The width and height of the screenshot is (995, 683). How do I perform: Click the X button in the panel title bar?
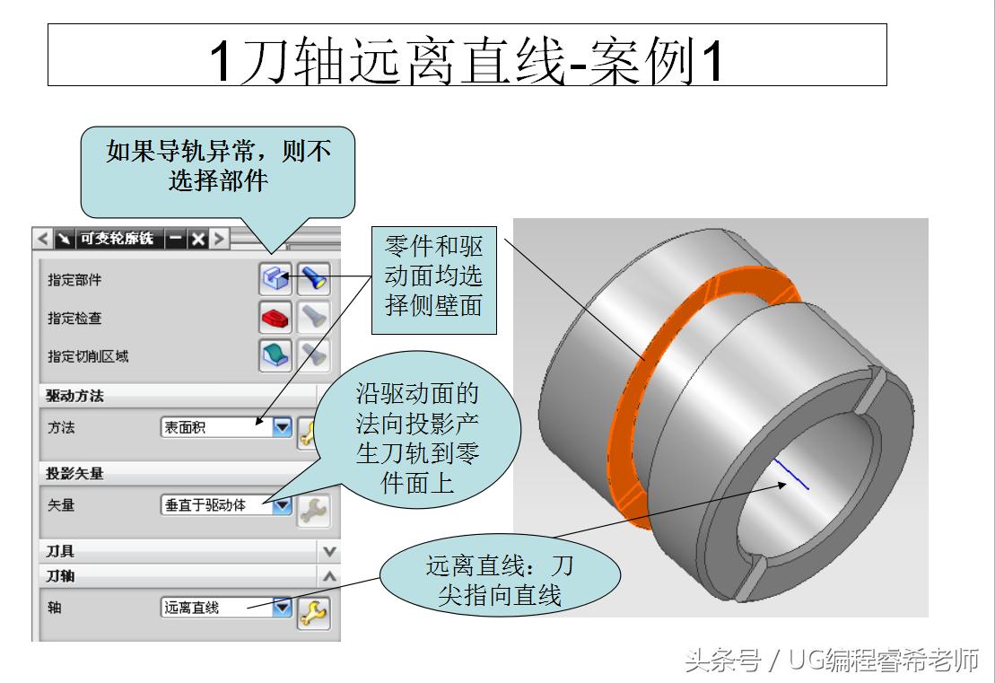[197, 239]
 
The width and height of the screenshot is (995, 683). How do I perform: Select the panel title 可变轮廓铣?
[116, 239]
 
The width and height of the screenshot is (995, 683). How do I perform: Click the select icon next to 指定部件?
[275, 279]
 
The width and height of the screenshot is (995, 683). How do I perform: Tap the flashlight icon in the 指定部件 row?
[313, 279]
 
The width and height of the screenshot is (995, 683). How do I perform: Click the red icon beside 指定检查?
[275, 317]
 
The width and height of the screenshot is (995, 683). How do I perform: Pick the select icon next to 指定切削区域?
[275, 355]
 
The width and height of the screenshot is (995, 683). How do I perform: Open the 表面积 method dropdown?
[283, 427]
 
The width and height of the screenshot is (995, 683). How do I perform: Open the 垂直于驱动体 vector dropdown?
[283, 505]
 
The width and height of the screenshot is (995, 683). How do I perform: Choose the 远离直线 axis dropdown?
[283, 608]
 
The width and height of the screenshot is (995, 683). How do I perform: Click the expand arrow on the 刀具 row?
[329, 551]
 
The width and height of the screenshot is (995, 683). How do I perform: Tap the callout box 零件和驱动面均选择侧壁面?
[433, 277]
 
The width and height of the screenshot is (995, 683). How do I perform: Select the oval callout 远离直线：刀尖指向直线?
[499, 580]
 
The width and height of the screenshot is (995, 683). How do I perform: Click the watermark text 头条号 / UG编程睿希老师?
[831, 661]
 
